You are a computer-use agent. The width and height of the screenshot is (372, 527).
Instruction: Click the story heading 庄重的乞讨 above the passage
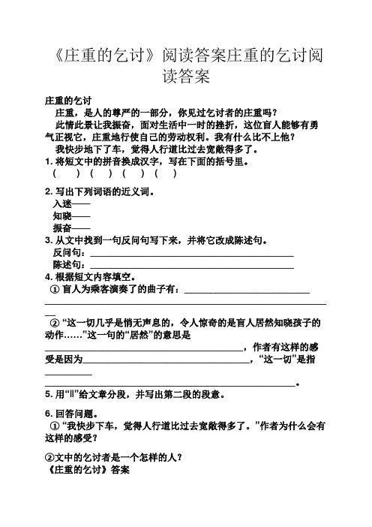pos(68,101)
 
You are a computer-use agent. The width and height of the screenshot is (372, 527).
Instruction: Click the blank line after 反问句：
pos(190,254)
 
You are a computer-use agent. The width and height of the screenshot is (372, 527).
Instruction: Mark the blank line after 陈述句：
pos(190,266)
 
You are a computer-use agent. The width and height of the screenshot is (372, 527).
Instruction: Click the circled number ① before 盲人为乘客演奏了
pos(53,290)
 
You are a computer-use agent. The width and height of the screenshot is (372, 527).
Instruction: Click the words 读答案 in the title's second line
pos(185,77)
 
